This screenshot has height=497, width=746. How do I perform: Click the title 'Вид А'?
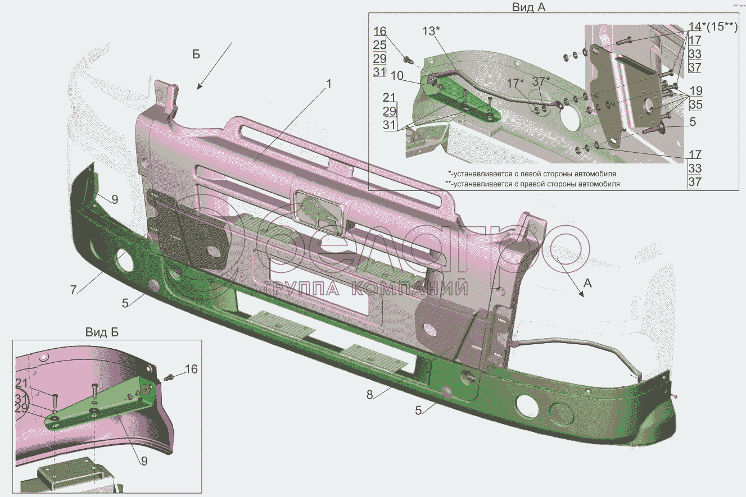528,7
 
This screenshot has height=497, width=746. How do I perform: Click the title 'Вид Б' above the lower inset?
102,332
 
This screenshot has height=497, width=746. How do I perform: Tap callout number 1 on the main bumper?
329,84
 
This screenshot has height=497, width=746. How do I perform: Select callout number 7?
74,290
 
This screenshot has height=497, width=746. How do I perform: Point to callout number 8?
369,394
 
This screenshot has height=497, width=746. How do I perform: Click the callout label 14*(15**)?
712,26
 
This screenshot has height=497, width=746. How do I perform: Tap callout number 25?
379,44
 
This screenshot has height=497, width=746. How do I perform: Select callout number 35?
695,105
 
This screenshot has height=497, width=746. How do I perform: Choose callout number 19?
695,91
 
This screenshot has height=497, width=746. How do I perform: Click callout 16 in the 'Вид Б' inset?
191,369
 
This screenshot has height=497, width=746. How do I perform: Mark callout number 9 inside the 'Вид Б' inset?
144,461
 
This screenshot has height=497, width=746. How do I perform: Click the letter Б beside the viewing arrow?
196,54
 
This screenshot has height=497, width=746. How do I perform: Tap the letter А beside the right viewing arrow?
587,284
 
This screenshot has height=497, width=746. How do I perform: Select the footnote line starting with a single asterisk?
532,174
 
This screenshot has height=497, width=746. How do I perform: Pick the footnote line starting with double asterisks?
532,184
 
